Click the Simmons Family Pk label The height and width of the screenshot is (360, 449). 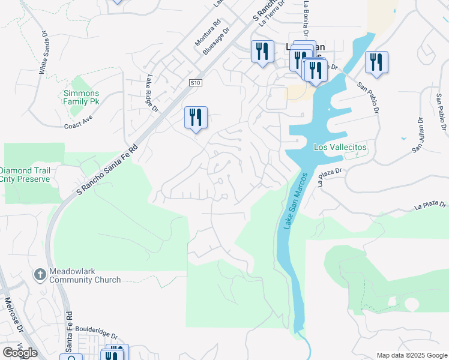coord(82,97)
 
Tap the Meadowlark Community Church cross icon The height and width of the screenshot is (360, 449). coord(40,274)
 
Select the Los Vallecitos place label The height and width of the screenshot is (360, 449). coord(340,147)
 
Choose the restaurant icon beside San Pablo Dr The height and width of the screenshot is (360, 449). coord(376,62)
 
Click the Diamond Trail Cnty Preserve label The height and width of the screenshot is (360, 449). coord(29,175)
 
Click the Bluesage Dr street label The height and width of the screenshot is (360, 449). coord(217,41)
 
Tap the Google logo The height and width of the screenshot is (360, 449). coord(20,353)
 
